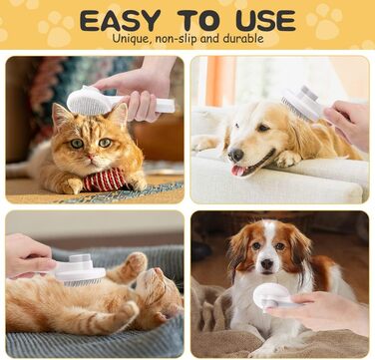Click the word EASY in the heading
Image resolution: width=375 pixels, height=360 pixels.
point(121,21)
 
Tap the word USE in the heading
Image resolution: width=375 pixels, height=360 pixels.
point(266,21)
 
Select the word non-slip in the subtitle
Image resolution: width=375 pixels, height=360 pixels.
point(173,38)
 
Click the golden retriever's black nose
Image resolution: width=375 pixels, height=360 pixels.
point(236,155)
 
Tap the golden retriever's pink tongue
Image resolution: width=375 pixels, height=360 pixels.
point(238,171)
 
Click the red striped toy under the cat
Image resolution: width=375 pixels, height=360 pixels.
point(104,180)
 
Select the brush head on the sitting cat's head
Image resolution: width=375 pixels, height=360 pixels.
point(88,101)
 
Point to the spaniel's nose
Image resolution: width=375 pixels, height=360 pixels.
point(267,263)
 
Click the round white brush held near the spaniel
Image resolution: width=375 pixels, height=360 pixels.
point(271,297)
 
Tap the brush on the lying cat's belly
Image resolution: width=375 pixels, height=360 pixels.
point(80,271)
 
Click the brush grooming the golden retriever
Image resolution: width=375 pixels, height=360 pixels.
point(301,104)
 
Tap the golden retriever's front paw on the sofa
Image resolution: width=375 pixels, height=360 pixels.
point(286,160)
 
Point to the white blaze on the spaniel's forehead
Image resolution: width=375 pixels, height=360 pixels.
point(268,232)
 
